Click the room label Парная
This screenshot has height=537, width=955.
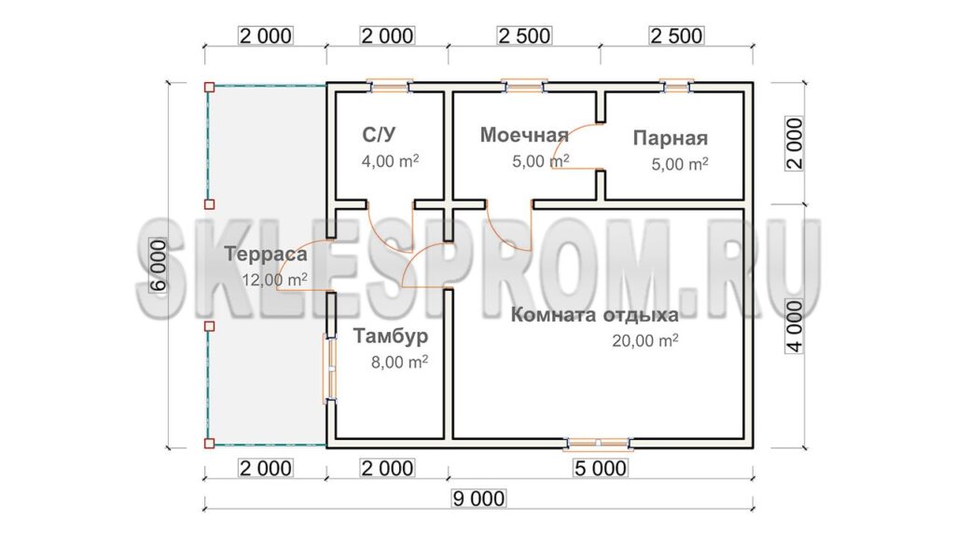pyautogui.click(x=670, y=138)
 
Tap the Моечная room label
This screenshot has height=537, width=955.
pyautogui.click(x=524, y=134)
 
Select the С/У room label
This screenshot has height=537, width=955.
pyautogui.click(x=379, y=134)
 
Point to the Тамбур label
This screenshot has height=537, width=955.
pyautogui.click(x=391, y=336)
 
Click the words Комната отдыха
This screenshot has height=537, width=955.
pyautogui.click(x=594, y=315)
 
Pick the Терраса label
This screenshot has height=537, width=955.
pyautogui.click(x=266, y=255)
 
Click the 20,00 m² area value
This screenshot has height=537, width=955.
pyautogui.click(x=645, y=340)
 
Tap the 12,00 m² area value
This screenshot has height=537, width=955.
pyautogui.click(x=275, y=280)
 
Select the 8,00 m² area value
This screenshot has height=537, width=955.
pyautogui.click(x=399, y=362)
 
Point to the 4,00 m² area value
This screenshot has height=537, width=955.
pyautogui.click(x=390, y=161)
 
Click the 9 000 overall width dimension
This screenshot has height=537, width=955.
pyautogui.click(x=478, y=499)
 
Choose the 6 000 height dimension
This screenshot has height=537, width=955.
pyautogui.click(x=159, y=266)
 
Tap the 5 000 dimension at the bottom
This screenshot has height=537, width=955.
pyautogui.click(x=601, y=468)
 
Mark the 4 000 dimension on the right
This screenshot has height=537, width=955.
pyautogui.click(x=795, y=326)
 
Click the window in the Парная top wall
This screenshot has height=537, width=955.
pyautogui.click(x=677, y=87)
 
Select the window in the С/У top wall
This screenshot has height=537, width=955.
pyautogui.click(x=390, y=87)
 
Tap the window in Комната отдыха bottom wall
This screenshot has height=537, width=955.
pyautogui.click(x=598, y=444)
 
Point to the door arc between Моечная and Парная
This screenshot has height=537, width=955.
pyautogui.click(x=574, y=145)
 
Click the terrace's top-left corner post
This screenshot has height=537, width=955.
pyautogui.click(x=209, y=87)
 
